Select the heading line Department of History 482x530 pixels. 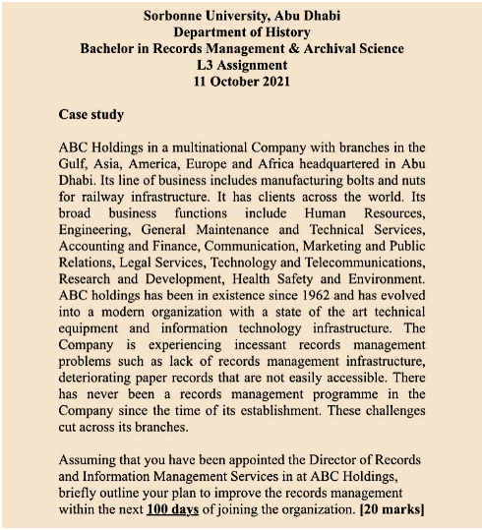click(241, 31)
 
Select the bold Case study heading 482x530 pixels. click(91, 114)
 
